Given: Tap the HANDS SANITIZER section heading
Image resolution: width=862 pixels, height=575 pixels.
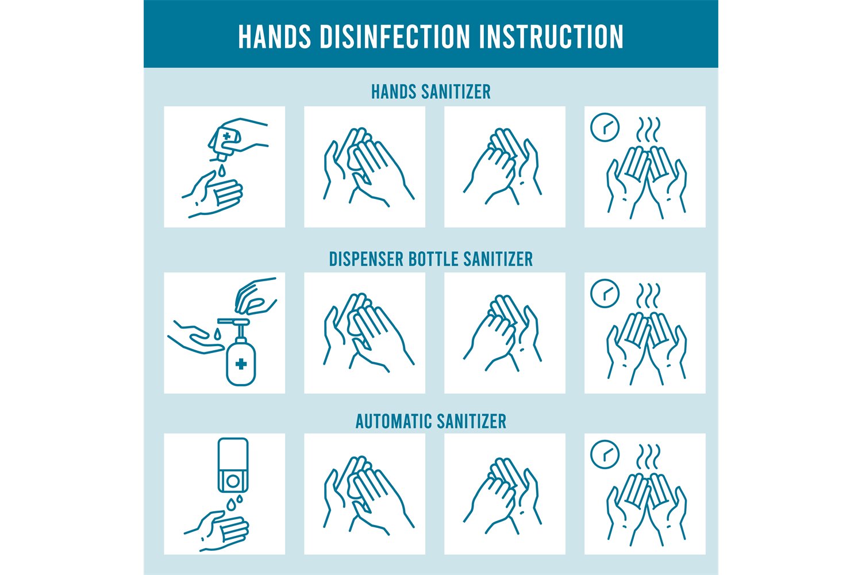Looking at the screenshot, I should tap(430, 92).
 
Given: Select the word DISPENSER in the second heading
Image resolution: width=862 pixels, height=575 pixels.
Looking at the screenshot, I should tap(366, 259).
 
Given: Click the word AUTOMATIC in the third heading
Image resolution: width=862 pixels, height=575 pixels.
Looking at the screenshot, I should tap(393, 421).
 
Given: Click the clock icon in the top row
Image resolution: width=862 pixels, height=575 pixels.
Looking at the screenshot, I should tap(605, 128).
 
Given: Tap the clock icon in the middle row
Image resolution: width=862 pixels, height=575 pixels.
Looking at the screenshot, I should tap(605, 293).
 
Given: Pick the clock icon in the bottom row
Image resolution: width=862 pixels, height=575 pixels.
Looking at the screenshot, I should tap(605, 455).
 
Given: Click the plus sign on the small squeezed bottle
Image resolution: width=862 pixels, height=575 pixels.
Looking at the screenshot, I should tap(228, 137).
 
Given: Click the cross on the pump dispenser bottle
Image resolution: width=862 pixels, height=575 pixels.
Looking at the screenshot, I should tap(241, 363).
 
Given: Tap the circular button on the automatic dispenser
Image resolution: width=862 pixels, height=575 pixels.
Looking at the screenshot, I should tap(233, 479).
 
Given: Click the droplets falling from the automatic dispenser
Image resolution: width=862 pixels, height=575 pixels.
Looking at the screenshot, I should tap(233, 503).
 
